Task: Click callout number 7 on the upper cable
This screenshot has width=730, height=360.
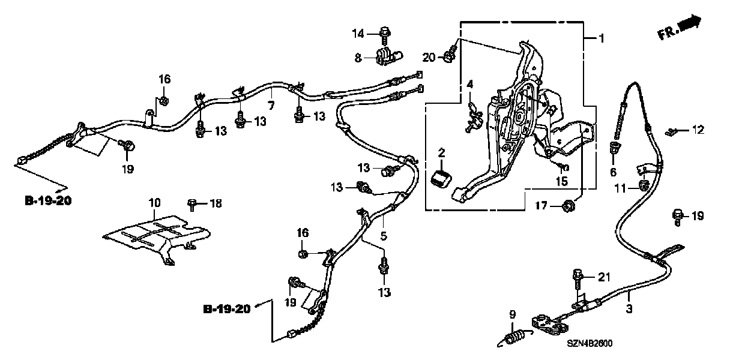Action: (x=271, y=106)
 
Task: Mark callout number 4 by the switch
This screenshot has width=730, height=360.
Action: (x=471, y=84)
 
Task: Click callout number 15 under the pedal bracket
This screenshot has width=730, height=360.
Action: (x=561, y=182)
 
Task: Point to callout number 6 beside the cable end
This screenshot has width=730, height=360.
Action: (x=614, y=172)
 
